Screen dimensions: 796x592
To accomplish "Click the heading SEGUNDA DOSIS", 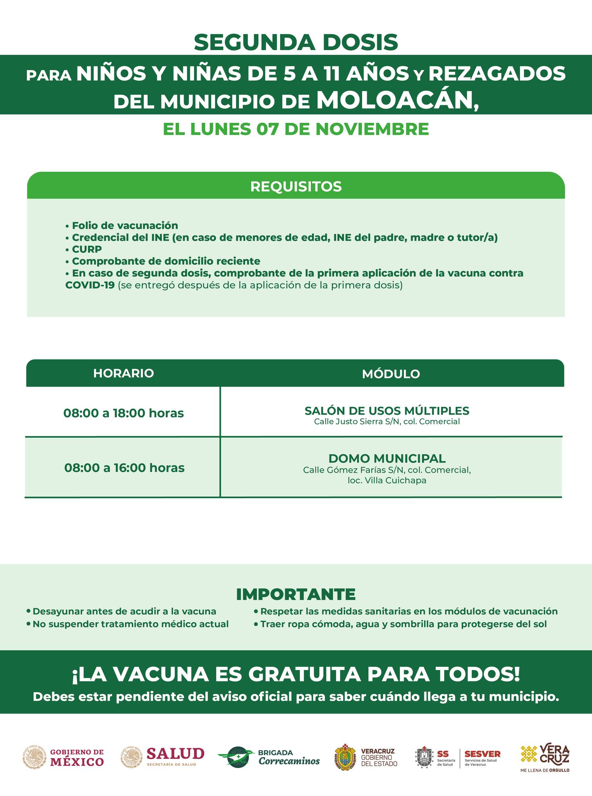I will [x=296, y=42].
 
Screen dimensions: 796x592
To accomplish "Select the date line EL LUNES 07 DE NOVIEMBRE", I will [x=296, y=129].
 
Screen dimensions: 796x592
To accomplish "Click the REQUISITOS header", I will [x=296, y=186].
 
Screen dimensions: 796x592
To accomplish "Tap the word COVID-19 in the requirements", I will [x=90, y=285].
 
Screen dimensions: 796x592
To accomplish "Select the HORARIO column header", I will [x=123, y=373].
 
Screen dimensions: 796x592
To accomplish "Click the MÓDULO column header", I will [x=391, y=374].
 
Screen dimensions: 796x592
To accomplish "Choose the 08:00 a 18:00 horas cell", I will [x=123, y=413].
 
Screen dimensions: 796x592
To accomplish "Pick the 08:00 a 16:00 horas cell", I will [x=124, y=467].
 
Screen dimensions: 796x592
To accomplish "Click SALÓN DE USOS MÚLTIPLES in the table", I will [x=387, y=410].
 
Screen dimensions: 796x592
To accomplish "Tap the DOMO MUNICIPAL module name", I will [x=387, y=458].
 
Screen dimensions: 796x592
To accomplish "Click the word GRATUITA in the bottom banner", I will [x=306, y=674].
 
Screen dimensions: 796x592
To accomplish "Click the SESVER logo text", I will [x=482, y=754].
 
